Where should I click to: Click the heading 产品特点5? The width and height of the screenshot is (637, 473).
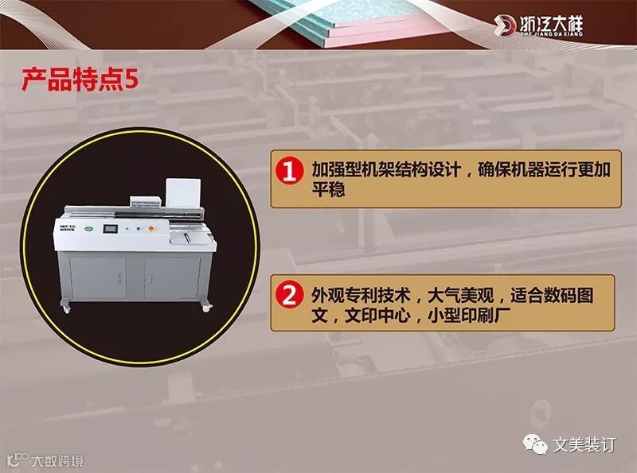80,79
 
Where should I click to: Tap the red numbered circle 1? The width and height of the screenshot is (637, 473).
289,171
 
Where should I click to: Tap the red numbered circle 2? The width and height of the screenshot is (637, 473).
289,295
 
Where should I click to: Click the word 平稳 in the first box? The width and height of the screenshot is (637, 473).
328,189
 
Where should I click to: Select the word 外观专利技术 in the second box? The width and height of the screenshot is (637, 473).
361,295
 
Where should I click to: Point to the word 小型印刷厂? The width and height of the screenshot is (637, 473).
469,315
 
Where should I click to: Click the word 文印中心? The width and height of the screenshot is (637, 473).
377,315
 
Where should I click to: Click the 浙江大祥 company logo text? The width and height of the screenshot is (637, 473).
551,25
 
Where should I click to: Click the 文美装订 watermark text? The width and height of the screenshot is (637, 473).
584,444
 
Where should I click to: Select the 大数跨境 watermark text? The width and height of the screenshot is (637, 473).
57,461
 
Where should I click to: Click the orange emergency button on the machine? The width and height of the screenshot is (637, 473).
151,229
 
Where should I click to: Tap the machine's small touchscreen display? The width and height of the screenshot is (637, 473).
110,228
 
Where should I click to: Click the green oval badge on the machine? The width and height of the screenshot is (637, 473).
89,230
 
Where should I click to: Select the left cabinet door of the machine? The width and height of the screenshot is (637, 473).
97,277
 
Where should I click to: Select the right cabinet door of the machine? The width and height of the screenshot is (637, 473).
172,277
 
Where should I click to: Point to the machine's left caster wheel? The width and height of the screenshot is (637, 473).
66,309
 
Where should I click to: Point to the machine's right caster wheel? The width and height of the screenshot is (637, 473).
205,308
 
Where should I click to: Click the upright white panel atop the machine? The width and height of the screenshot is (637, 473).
183,194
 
